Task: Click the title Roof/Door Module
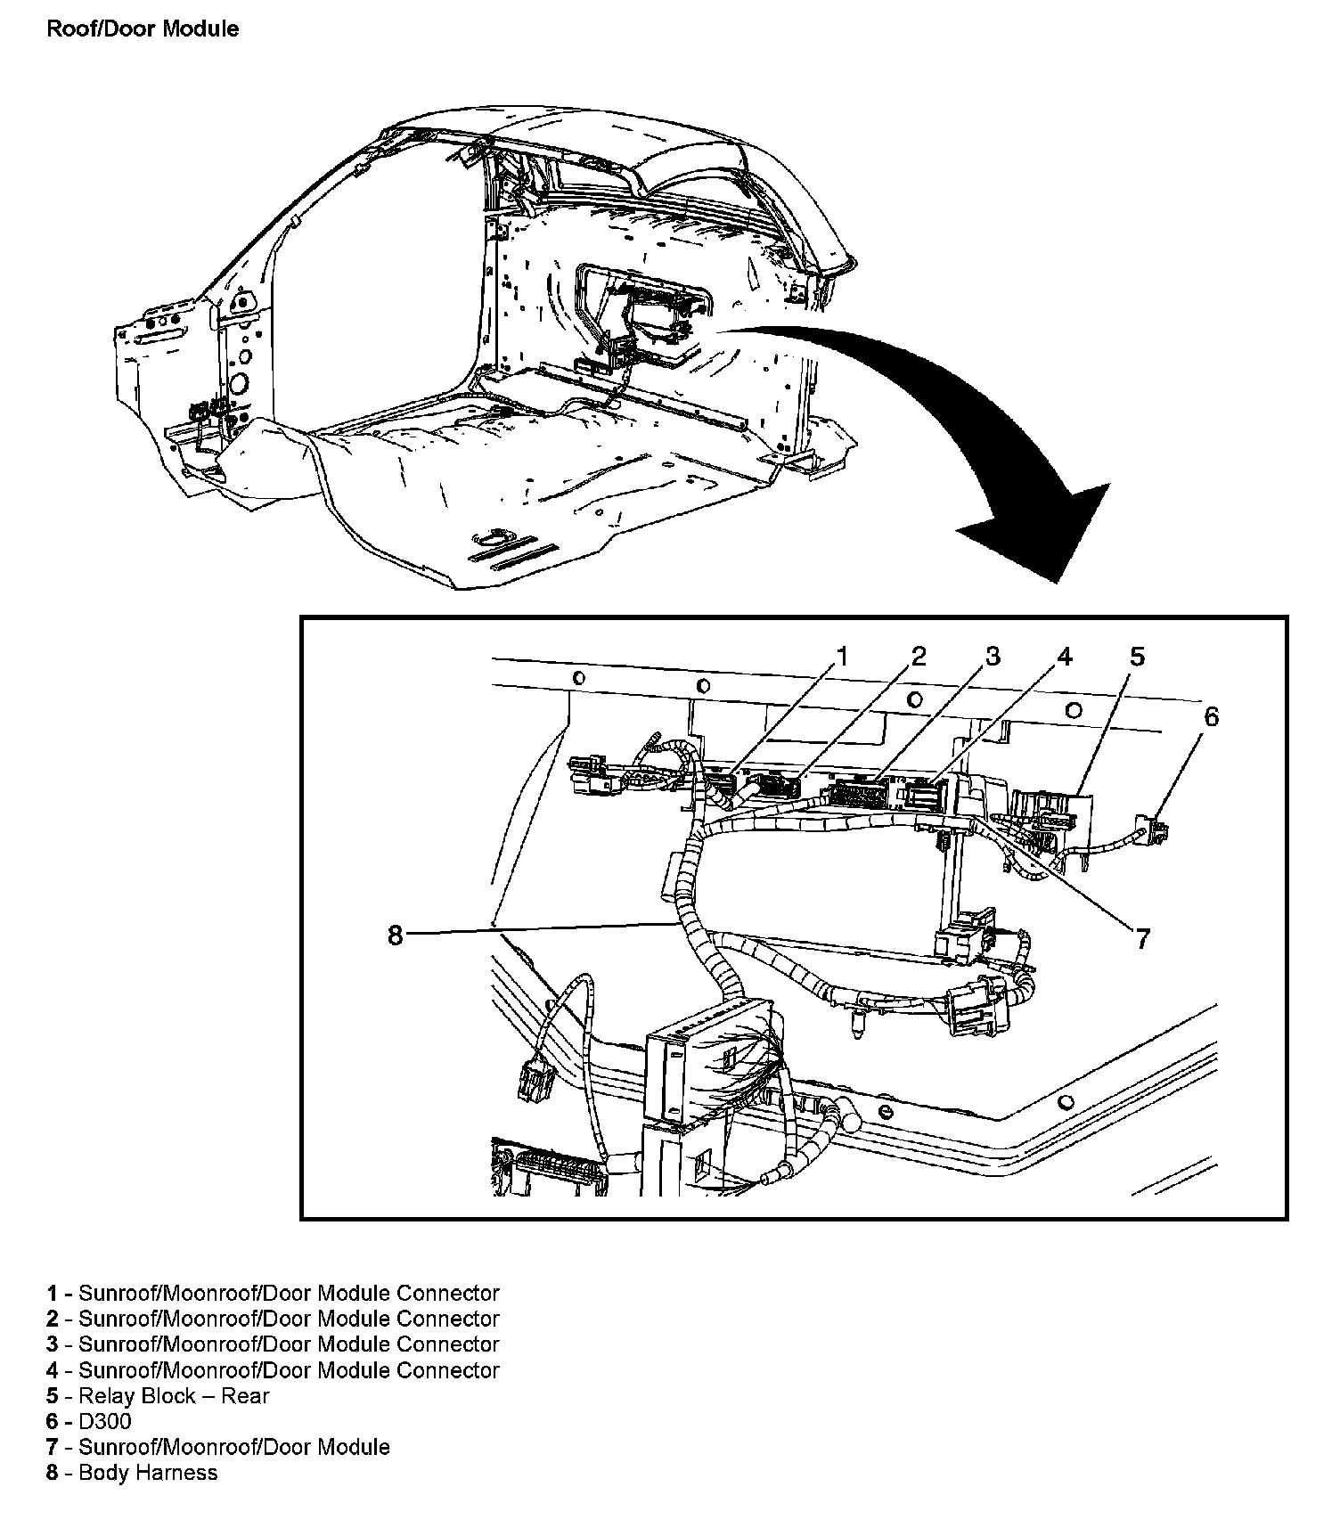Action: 143,29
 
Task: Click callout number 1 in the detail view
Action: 840,658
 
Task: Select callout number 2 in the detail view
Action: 918,658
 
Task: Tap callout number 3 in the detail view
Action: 993,658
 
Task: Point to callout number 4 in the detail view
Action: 1064,658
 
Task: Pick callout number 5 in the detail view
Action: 1137,658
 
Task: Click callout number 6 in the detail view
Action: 1211,717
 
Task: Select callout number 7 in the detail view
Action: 1142,937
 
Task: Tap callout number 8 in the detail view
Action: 396,935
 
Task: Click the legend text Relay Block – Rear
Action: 174,1396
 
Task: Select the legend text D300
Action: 104,1422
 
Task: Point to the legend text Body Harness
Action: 148,1473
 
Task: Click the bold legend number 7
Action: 53,1447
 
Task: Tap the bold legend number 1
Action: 53,1293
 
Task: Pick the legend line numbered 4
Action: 273,1370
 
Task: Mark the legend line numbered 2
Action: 273,1319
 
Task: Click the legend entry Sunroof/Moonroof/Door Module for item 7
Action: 234,1447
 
